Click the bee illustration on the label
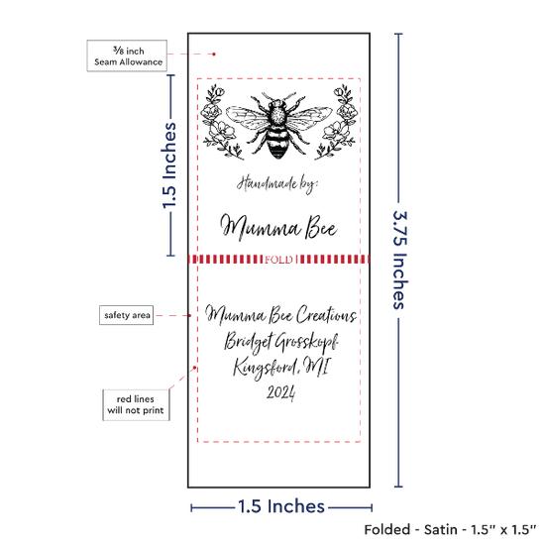(x=278, y=125)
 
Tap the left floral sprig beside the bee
(x=220, y=122)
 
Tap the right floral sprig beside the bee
(x=337, y=122)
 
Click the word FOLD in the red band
(x=278, y=260)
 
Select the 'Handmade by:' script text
(x=277, y=184)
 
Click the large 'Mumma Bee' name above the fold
(x=278, y=227)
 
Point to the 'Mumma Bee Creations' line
(x=280, y=314)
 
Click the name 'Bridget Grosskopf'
(x=280, y=341)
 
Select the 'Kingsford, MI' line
(x=280, y=367)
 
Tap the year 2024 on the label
(x=280, y=392)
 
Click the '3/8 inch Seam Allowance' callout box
(x=127, y=55)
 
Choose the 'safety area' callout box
(x=127, y=315)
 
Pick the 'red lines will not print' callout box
(x=136, y=405)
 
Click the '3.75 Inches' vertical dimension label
(x=399, y=260)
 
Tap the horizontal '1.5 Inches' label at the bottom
(x=281, y=506)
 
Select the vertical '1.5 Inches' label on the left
(x=169, y=165)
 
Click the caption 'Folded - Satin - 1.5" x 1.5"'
(x=450, y=530)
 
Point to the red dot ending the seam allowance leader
(x=214, y=54)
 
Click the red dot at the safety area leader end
(x=190, y=315)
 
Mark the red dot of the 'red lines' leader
(x=194, y=368)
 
